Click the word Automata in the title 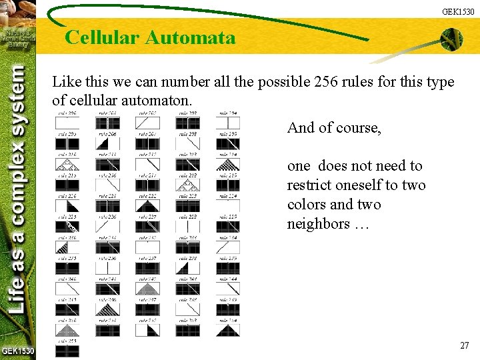(190, 37)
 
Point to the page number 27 (465, 345)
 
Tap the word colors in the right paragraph (307, 204)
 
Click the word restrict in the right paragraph (311, 185)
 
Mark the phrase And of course (334, 127)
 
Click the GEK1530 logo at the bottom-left (17, 351)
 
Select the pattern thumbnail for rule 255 (67, 351)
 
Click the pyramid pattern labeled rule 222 (147, 205)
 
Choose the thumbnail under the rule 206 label (107, 143)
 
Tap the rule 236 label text (107, 258)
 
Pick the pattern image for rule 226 (107, 226)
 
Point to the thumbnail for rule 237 (147, 267)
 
